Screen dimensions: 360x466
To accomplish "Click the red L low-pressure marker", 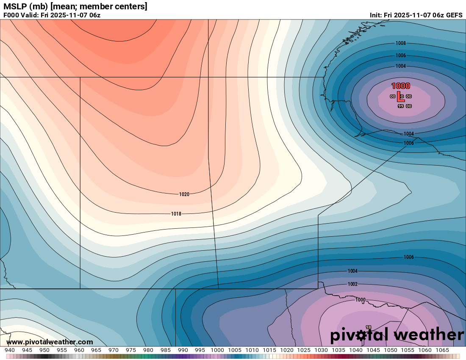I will click(398, 96).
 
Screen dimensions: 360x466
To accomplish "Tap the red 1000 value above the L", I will click(400, 86).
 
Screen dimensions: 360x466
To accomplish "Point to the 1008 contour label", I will click(401, 43).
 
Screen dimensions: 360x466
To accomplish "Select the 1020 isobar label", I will click(184, 194).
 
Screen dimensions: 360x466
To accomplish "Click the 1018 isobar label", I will click(176, 214).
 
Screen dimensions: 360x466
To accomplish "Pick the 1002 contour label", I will click(352, 284).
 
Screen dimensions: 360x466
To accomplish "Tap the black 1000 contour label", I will click(360, 300).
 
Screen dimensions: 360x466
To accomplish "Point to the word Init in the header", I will click(375, 15).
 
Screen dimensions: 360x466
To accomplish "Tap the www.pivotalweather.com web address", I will click(50, 342).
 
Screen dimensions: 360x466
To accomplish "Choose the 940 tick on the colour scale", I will click(9, 350).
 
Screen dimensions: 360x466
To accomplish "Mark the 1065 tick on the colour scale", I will click(442, 350).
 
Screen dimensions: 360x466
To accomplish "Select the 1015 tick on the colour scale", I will click(269, 350).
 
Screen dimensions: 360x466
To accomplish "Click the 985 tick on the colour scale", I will click(165, 350).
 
